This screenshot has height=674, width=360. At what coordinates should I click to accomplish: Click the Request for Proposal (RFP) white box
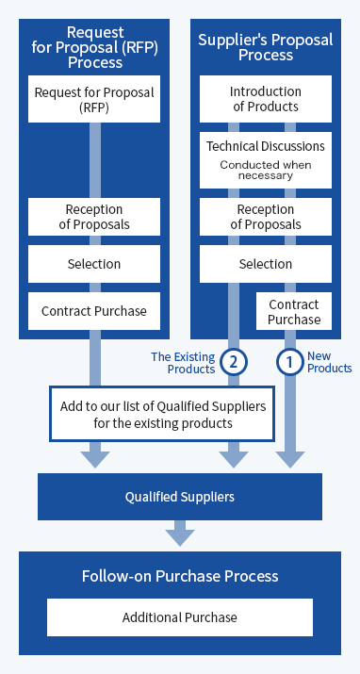[x=94, y=100]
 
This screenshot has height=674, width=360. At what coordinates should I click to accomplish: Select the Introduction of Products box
[x=266, y=100]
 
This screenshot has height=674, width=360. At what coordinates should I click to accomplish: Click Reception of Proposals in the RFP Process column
[x=94, y=217]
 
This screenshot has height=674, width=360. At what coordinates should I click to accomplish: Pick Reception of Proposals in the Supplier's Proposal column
[x=266, y=217]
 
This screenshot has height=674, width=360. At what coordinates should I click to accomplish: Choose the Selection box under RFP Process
[x=94, y=264]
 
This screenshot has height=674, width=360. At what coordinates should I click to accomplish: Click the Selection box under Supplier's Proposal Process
[x=266, y=264]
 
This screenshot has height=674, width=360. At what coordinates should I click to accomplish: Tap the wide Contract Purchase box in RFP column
[x=94, y=311]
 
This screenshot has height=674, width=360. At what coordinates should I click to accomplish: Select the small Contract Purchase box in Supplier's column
[x=294, y=312]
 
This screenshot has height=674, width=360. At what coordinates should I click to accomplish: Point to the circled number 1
[x=290, y=361]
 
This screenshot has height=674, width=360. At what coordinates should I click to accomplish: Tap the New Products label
[x=330, y=362]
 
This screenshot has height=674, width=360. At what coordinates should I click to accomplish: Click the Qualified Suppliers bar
[x=180, y=497]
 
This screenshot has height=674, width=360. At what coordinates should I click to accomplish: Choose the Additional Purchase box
[x=180, y=617]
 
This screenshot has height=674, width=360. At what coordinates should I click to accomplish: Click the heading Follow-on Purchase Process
[x=180, y=576]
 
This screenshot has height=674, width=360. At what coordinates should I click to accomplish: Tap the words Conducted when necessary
[x=266, y=170]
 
